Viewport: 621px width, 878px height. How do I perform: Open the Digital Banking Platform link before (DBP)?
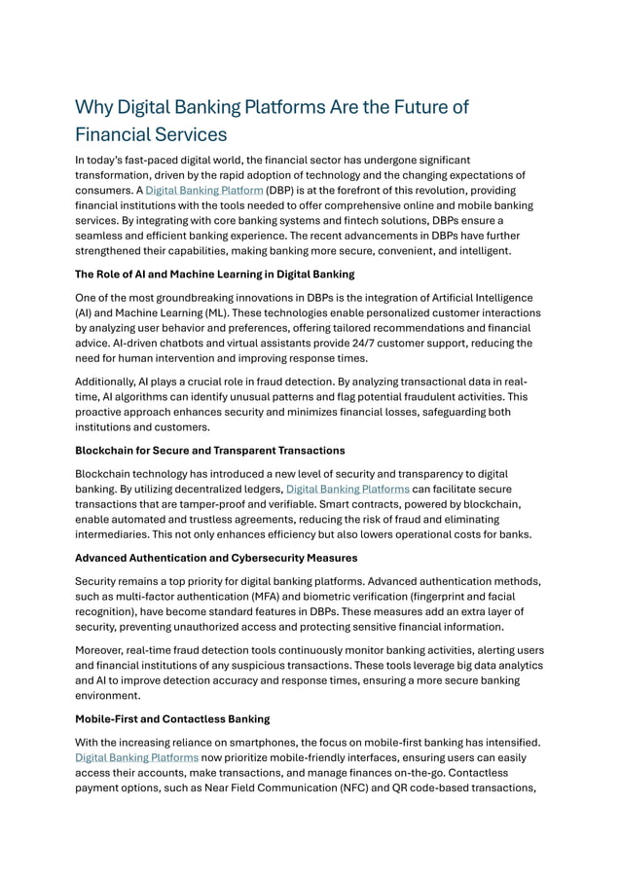(203, 190)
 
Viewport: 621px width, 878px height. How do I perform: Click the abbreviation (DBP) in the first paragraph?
(283, 190)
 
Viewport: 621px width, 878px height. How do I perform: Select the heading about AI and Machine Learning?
(214, 274)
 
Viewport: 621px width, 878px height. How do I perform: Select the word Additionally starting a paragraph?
(113, 383)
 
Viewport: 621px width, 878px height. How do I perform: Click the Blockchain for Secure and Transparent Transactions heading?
(209, 450)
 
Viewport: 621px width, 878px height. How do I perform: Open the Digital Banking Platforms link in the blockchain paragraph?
(347, 489)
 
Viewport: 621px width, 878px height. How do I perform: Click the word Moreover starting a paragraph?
(105, 649)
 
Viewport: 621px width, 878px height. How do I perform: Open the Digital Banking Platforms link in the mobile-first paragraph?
(137, 756)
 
